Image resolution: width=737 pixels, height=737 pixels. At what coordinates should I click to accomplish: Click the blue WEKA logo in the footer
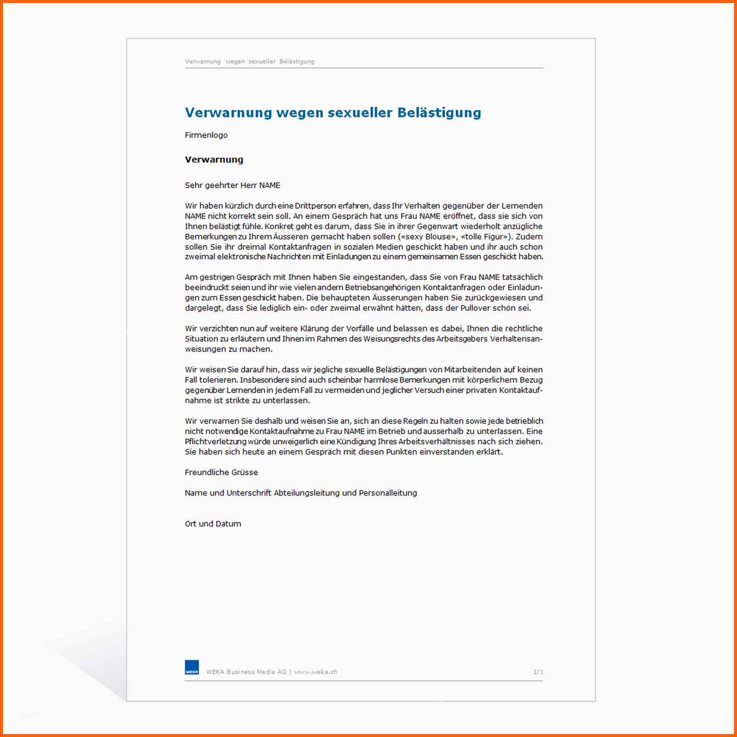click(192, 667)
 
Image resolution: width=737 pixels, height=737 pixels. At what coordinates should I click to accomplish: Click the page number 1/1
click(538, 672)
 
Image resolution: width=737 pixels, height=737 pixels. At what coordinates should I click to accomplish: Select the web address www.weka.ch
click(316, 672)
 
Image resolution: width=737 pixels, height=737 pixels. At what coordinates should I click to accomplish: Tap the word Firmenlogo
click(206, 135)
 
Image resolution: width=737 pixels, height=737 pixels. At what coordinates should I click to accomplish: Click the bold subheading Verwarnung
click(214, 159)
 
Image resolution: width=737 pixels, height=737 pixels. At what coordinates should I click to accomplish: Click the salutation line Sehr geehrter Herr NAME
click(232, 185)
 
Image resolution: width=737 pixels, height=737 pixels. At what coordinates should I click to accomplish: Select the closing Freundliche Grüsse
click(221, 472)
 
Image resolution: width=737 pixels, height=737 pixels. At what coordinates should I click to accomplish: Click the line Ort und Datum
click(213, 524)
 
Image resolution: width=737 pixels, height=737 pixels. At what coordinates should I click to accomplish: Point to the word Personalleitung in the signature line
click(388, 493)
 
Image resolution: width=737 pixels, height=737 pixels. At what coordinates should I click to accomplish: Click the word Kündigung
click(355, 441)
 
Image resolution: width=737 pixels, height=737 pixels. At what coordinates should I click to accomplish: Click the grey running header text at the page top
click(249, 61)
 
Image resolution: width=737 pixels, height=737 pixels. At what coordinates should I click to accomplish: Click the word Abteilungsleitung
click(307, 493)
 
